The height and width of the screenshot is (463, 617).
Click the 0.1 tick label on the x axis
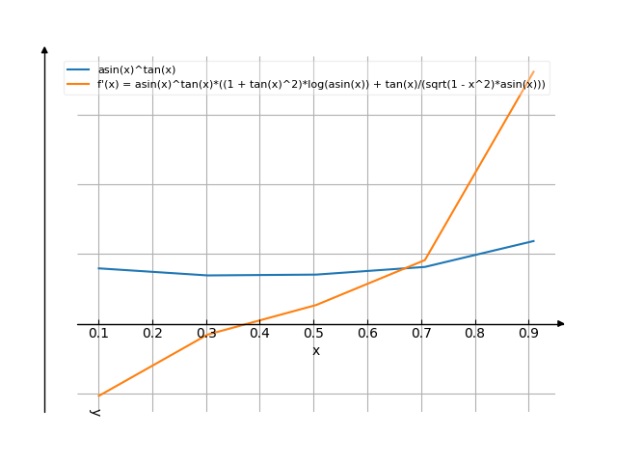(x=98, y=334)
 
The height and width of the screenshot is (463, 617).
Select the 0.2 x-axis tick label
(x=152, y=334)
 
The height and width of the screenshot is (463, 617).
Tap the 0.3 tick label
(x=206, y=334)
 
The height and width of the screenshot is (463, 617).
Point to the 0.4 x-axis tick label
(x=259, y=334)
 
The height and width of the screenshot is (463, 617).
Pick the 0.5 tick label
(x=313, y=334)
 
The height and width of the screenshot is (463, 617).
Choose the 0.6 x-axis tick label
(x=367, y=334)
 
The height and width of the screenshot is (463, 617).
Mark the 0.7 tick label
(x=421, y=334)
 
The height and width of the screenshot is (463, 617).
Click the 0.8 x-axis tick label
(x=474, y=334)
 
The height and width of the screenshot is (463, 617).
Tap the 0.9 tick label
(x=528, y=334)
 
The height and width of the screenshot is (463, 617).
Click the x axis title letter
(x=316, y=351)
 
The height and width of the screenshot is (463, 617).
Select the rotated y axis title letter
(x=95, y=412)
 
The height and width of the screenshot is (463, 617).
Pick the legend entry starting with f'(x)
(x=321, y=85)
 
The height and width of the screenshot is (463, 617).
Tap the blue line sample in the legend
(x=79, y=70)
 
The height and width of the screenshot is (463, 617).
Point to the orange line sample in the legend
(x=79, y=85)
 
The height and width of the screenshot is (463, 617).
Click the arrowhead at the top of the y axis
(x=44, y=49)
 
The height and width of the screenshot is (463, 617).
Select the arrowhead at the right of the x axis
(x=560, y=324)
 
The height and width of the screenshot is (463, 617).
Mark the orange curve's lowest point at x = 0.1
(x=98, y=395)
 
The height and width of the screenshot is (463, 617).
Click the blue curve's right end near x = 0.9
(x=533, y=240)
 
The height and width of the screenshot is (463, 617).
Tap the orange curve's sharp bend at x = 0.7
(x=422, y=259)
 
